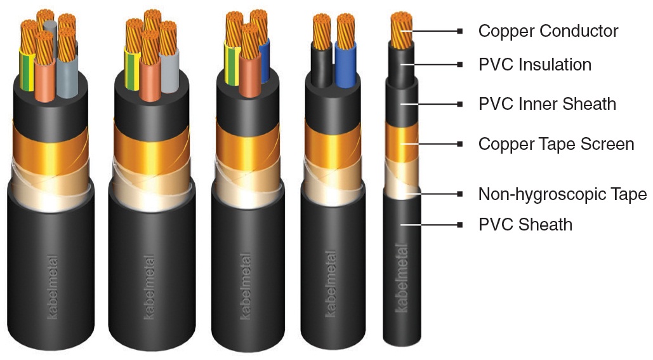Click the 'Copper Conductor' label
tap(548, 30)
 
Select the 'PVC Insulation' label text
tap(534, 64)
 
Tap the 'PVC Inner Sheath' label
tap(547, 103)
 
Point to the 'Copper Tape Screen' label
tap(556, 144)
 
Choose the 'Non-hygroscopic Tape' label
tap(562, 194)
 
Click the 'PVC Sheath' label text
tap(525, 224)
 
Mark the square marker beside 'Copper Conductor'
tap(459, 30)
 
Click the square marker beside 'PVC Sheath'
tap(459, 224)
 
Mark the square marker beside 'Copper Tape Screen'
tap(459, 144)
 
